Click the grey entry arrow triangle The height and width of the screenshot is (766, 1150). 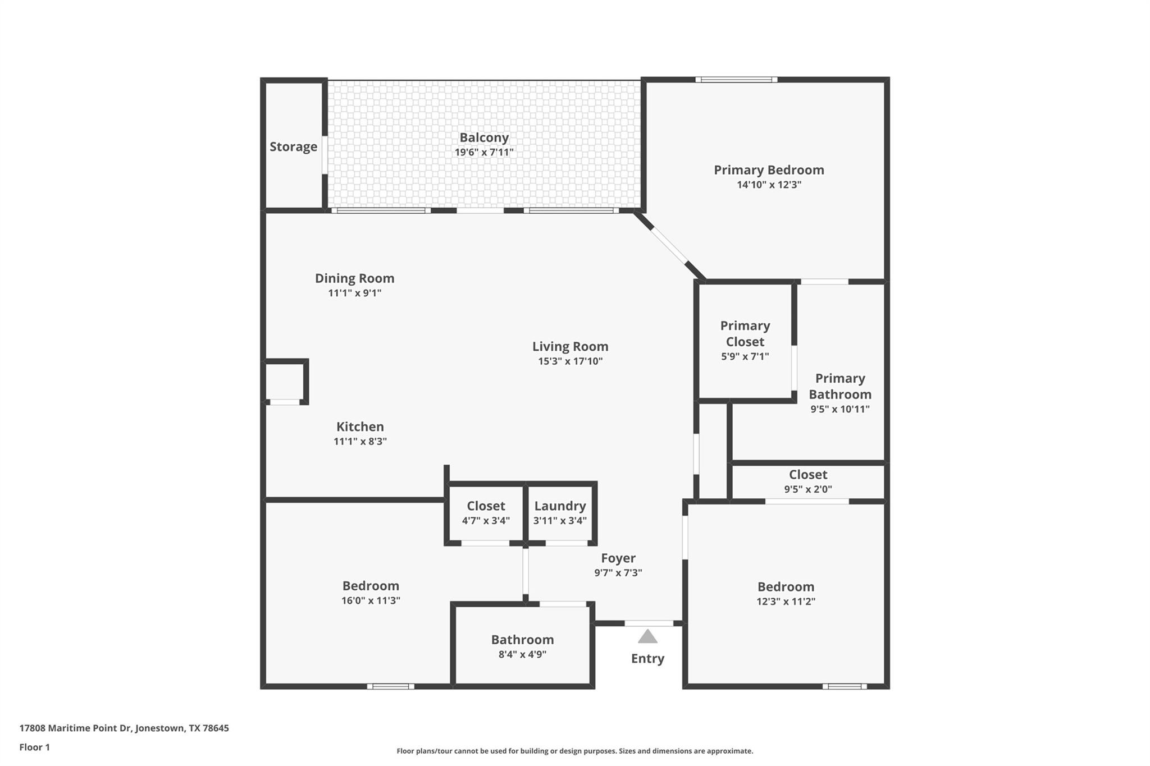647,637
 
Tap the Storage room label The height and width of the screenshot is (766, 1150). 293,146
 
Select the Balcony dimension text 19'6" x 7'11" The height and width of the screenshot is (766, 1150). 484,152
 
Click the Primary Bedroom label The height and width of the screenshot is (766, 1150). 769,169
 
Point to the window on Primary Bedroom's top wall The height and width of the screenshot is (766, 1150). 736,80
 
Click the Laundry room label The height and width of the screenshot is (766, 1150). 560,506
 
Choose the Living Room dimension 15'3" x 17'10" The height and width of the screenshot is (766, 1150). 570,361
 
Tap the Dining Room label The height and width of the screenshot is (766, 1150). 354,278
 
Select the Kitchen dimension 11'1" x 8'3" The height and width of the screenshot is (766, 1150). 360,441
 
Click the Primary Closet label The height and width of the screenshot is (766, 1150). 745,333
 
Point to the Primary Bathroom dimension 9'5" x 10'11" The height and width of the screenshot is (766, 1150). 839,409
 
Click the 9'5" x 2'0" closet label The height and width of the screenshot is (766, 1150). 808,475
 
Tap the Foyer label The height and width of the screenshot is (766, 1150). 618,558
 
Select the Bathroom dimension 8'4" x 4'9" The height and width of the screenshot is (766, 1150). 522,654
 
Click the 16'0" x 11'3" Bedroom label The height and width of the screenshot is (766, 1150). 371,585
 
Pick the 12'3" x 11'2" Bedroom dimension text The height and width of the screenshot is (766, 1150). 786,602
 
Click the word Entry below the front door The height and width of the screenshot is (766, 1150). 647,658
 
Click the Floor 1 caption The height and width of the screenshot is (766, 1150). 34,747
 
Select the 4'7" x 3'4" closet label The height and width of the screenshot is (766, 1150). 486,506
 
